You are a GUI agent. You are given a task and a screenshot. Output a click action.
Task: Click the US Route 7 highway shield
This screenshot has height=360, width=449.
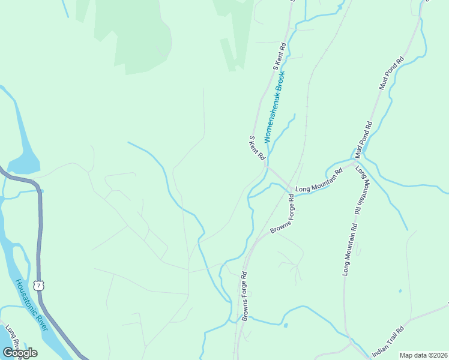click(39, 285)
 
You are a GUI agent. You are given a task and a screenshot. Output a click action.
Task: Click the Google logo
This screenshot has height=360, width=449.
click(20, 353)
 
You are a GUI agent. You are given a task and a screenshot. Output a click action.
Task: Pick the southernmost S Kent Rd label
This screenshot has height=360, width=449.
click(258, 148)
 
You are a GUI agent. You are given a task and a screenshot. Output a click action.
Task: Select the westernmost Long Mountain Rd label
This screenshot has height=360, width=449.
click(318, 181)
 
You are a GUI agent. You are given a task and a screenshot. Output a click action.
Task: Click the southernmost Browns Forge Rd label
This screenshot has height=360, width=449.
click(244, 296)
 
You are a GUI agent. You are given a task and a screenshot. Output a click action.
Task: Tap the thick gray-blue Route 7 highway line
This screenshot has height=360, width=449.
click(40, 240)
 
